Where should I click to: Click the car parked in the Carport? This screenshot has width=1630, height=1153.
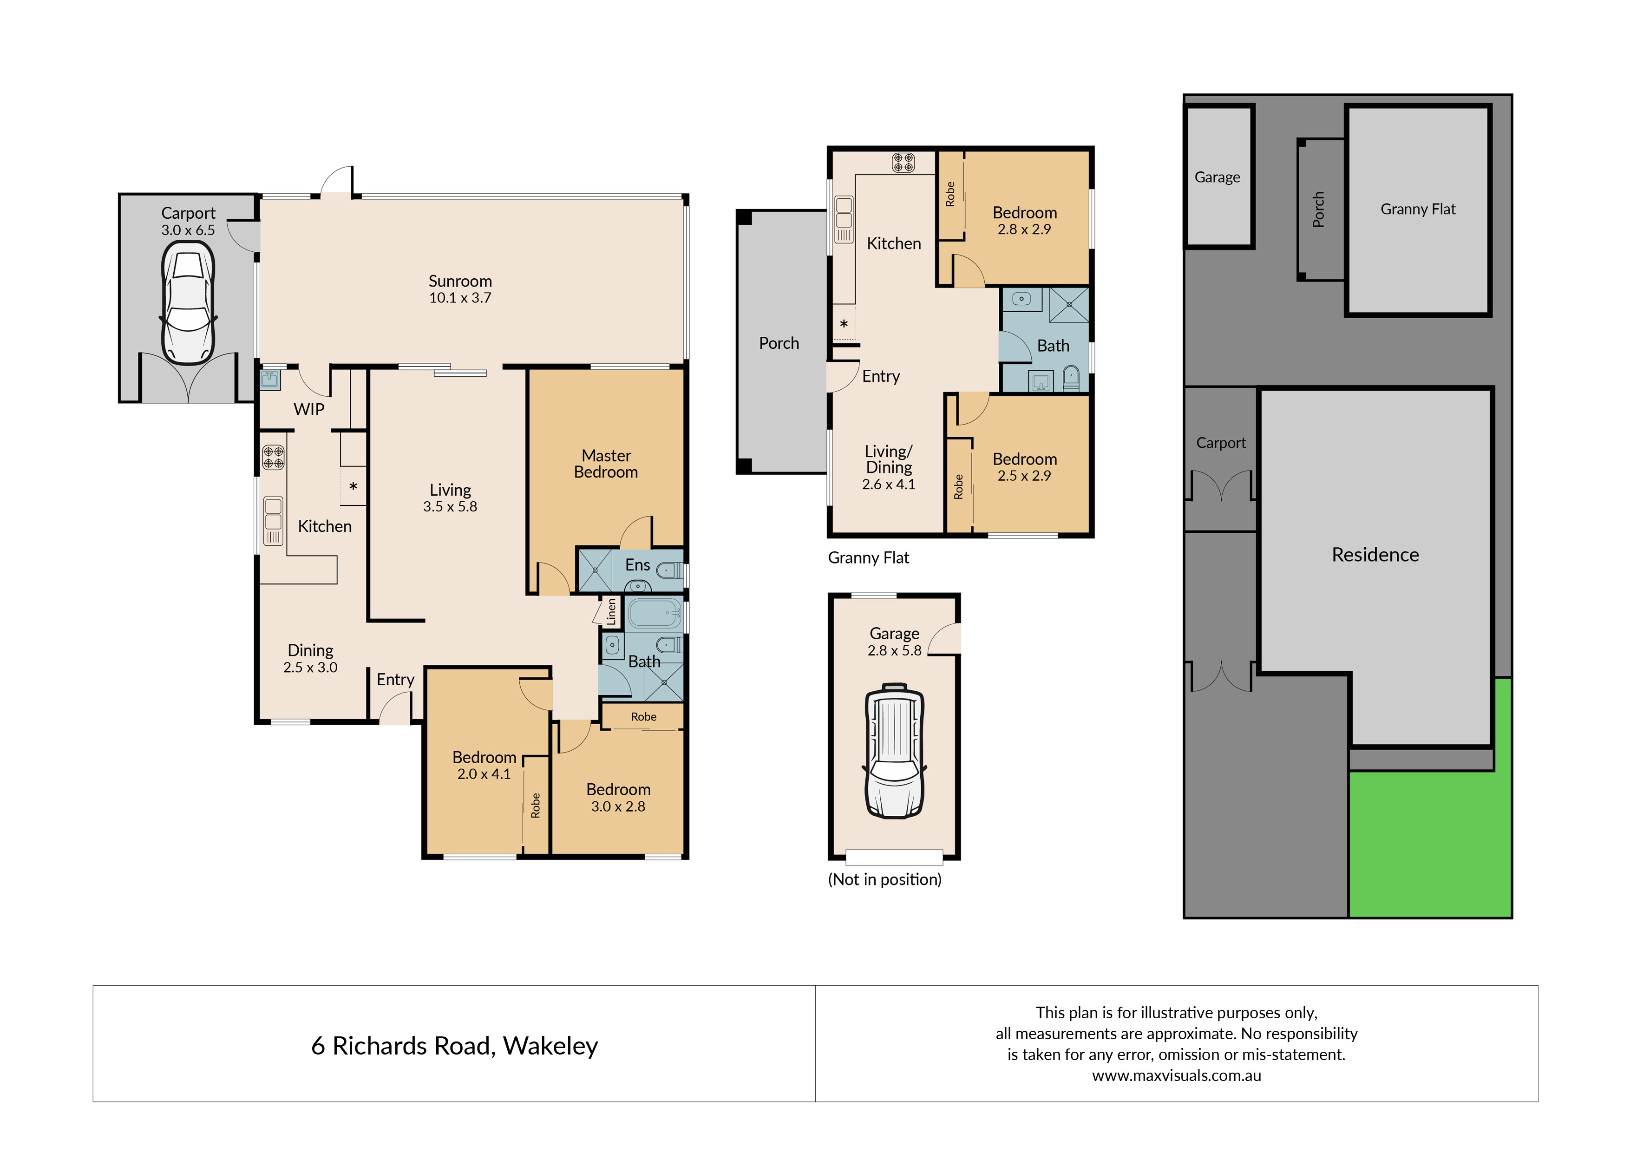pyautogui.click(x=188, y=303)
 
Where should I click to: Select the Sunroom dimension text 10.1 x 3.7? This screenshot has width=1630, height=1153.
pyautogui.click(x=460, y=298)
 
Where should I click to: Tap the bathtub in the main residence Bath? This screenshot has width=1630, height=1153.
pyautogui.click(x=655, y=613)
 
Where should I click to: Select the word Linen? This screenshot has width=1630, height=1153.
pyautogui.click(x=611, y=611)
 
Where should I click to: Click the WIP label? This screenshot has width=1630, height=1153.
pyautogui.click(x=309, y=410)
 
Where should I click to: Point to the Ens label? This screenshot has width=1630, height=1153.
pyautogui.click(x=637, y=565)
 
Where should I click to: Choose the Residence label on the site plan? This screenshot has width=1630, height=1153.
pyautogui.click(x=1375, y=555)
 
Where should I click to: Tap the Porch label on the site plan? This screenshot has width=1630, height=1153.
pyautogui.click(x=1318, y=210)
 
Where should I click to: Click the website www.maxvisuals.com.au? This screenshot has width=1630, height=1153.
pyautogui.click(x=1176, y=1075)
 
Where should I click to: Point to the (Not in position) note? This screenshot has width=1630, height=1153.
pyautogui.click(x=884, y=880)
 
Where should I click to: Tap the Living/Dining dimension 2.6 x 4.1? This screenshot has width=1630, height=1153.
pyautogui.click(x=888, y=484)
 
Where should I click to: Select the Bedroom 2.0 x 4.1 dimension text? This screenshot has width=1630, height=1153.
pyautogui.click(x=484, y=774)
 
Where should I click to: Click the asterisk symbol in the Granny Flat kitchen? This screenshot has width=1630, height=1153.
pyautogui.click(x=844, y=324)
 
